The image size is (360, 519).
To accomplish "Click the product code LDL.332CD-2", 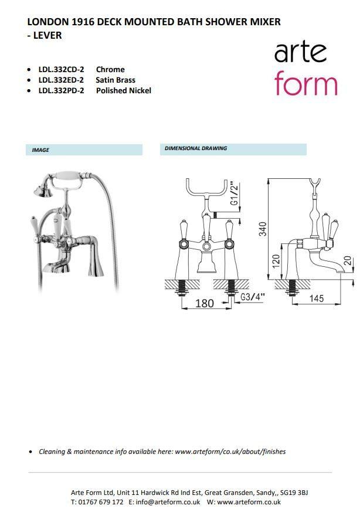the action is [x=61, y=70].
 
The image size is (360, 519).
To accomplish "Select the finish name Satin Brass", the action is [x=116, y=80].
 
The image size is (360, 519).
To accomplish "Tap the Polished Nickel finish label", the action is [x=124, y=91].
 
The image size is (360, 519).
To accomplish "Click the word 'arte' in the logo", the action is [x=300, y=52].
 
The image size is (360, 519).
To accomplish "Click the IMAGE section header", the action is [x=40, y=150].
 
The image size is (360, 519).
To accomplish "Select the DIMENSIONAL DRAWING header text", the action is [x=196, y=148].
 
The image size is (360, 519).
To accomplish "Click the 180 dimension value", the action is [x=205, y=303].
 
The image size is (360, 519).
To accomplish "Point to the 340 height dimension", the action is [x=263, y=229].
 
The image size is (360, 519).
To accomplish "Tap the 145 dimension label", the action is [x=317, y=298].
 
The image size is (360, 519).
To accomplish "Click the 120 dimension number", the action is [x=276, y=262].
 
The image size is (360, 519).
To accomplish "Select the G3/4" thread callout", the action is [x=253, y=297].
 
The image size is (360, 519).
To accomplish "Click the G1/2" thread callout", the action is [x=235, y=194].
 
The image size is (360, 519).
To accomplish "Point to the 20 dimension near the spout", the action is [x=348, y=261].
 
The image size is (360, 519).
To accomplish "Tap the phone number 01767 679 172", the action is [x=101, y=502].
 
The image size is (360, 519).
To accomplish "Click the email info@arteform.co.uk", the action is [x=168, y=502].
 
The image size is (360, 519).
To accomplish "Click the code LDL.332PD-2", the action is [x=61, y=91].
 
